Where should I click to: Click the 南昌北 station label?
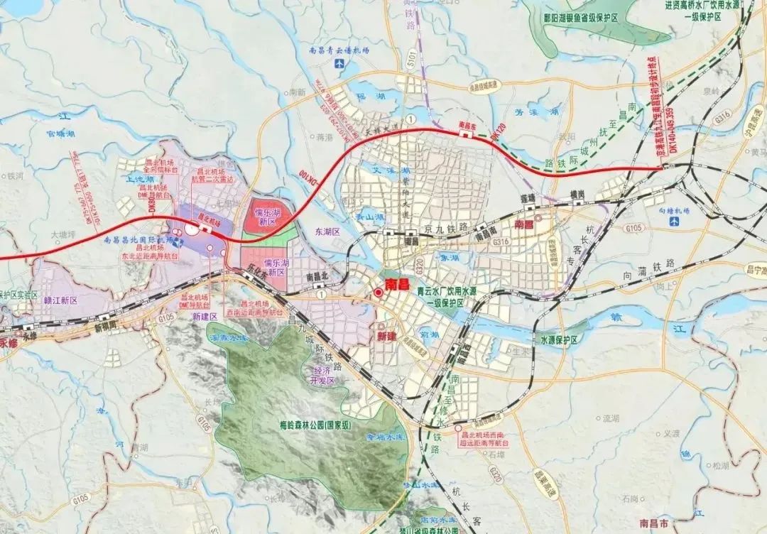click(x=317, y=276)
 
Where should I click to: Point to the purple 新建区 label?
click(x=204, y=317)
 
